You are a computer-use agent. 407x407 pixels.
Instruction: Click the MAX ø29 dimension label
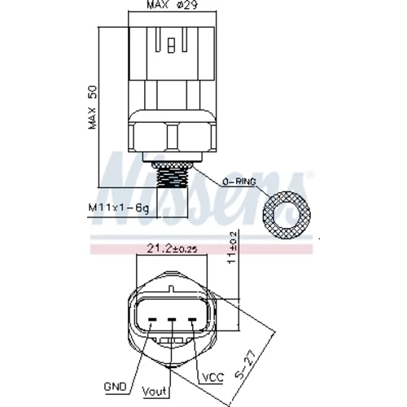pyautogui.click(x=172, y=5)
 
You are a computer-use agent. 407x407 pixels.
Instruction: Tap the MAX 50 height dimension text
pyautogui.click(x=93, y=107)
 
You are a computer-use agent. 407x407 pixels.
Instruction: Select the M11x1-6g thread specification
pyautogui.click(x=119, y=208)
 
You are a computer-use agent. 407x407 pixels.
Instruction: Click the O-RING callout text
pyautogui.click(x=239, y=182)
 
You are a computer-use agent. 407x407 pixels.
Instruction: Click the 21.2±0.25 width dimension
pyautogui.click(x=172, y=248)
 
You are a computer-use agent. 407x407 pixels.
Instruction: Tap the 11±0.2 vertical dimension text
pyautogui.click(x=232, y=247)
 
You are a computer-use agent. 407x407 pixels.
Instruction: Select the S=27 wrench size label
pyautogui.click(x=246, y=365)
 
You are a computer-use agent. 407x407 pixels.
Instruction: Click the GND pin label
pyautogui.click(x=116, y=387)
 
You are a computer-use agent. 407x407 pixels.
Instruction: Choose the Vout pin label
pyautogui.click(x=154, y=392)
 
